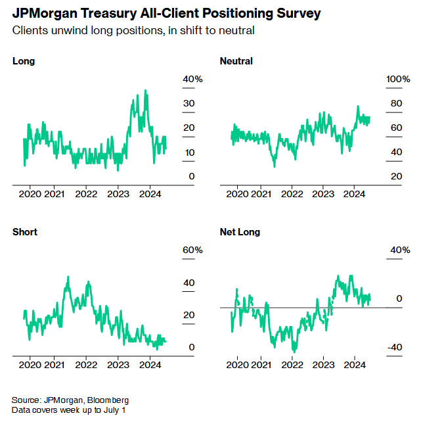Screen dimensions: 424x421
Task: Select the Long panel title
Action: tap(24, 61)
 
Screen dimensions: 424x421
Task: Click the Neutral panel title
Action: tap(236, 61)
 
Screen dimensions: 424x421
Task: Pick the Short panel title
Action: tap(25, 232)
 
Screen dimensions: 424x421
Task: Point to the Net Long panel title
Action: tap(240, 232)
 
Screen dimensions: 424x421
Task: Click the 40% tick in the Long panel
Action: tap(193, 79)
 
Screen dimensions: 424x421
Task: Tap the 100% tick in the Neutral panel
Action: tap(397, 79)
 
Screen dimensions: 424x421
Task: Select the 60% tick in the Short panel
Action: tap(193, 250)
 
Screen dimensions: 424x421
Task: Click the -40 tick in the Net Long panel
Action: tap(394, 348)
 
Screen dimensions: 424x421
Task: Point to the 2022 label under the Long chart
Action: tap(86, 194)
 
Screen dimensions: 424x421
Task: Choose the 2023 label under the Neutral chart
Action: tap(323, 194)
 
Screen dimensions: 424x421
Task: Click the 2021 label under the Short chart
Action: tap(54, 365)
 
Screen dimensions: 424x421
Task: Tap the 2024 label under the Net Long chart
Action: tap(355, 365)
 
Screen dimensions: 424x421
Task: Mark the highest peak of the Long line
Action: tap(145, 91)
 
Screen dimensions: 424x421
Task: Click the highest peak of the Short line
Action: tap(68, 277)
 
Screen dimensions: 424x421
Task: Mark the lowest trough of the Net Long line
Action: tap(294, 352)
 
